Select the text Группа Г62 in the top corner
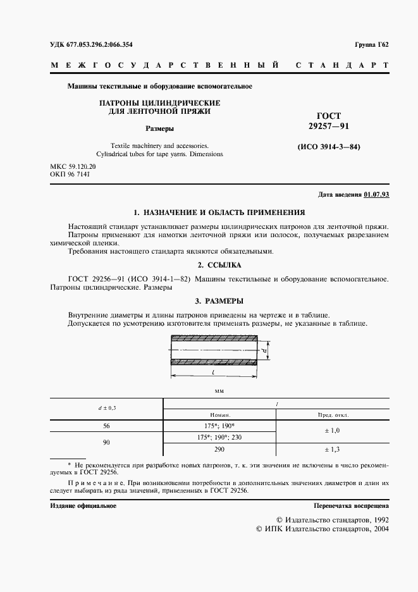pos(371,44)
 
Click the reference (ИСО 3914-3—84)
pos(328,147)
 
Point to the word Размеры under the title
pos(160,128)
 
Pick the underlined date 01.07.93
pos(377,195)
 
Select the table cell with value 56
pos(106,426)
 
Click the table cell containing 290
pos(219,449)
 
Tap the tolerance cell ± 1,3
pos(332,449)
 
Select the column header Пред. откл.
pos(332,415)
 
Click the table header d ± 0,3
pos(106,408)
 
